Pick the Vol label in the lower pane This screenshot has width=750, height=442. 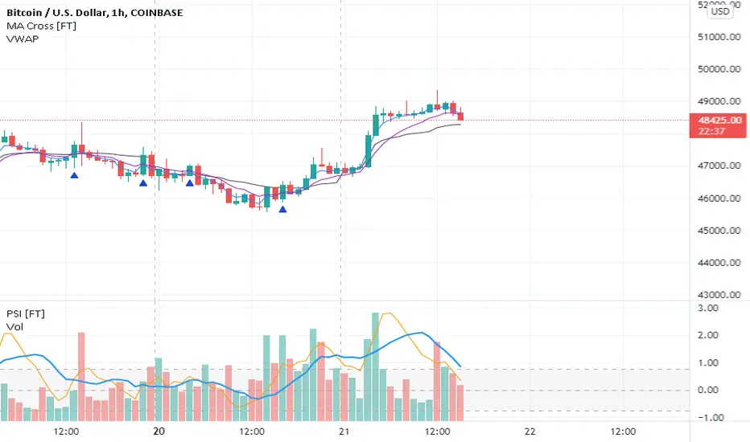[14, 327]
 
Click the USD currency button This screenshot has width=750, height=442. [719, 10]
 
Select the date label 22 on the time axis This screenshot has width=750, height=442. [530, 432]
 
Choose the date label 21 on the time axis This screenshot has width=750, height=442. [344, 432]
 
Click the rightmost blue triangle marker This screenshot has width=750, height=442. [282, 210]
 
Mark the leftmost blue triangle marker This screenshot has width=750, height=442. [74, 174]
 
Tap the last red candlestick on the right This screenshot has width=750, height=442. [460, 117]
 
